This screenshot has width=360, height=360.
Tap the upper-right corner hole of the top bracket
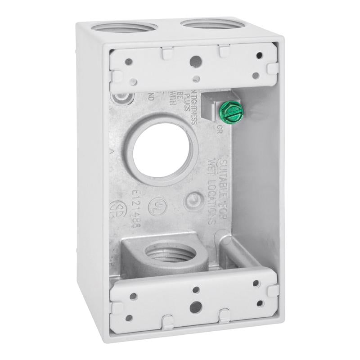[x=259, y=56]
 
